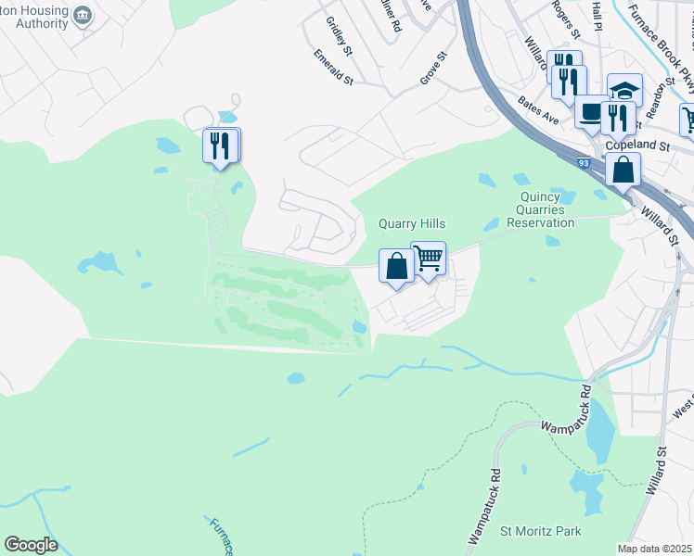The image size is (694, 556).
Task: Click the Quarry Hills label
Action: pyautogui.click(x=412, y=224)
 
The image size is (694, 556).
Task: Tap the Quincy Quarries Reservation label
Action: pyautogui.click(x=546, y=209)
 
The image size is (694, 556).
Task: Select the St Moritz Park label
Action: pyautogui.click(x=541, y=531)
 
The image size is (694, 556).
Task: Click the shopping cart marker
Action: pyautogui.click(x=428, y=259)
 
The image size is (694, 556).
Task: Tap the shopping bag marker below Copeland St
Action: pyautogui.click(x=623, y=170)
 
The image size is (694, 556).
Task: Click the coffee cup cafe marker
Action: pyautogui.click(x=591, y=112)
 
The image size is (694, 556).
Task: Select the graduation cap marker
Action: pyautogui.click(x=624, y=91)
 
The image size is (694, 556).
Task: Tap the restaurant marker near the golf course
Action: pyautogui.click(x=220, y=145)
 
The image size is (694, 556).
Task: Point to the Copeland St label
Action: pyautogui.click(x=636, y=145)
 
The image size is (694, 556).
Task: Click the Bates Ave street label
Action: pyautogui.click(x=538, y=111)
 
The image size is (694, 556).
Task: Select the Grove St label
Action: pyautogui.click(x=433, y=69)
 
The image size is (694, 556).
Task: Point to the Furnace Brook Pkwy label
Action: pyautogui.click(x=666, y=44)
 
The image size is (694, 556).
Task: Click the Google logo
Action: pyautogui.click(x=31, y=545)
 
